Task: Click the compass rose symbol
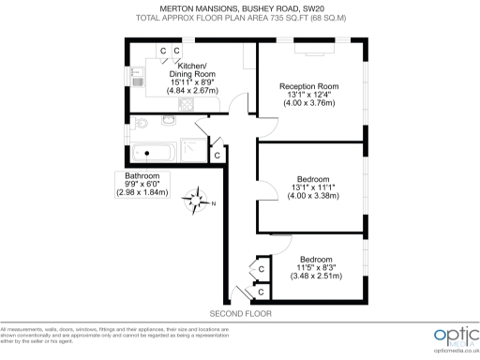click(x=199, y=199)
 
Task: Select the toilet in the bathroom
click(x=141, y=122)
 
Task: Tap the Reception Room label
click(x=308, y=86)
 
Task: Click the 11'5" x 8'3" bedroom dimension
click(x=314, y=267)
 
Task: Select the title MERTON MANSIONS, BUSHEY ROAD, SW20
click(x=239, y=8)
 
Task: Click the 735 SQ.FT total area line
click(x=239, y=18)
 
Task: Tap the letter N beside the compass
click(x=214, y=204)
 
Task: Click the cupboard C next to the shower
click(x=217, y=155)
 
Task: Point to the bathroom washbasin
click(x=169, y=119)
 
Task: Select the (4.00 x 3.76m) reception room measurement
click(x=308, y=103)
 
